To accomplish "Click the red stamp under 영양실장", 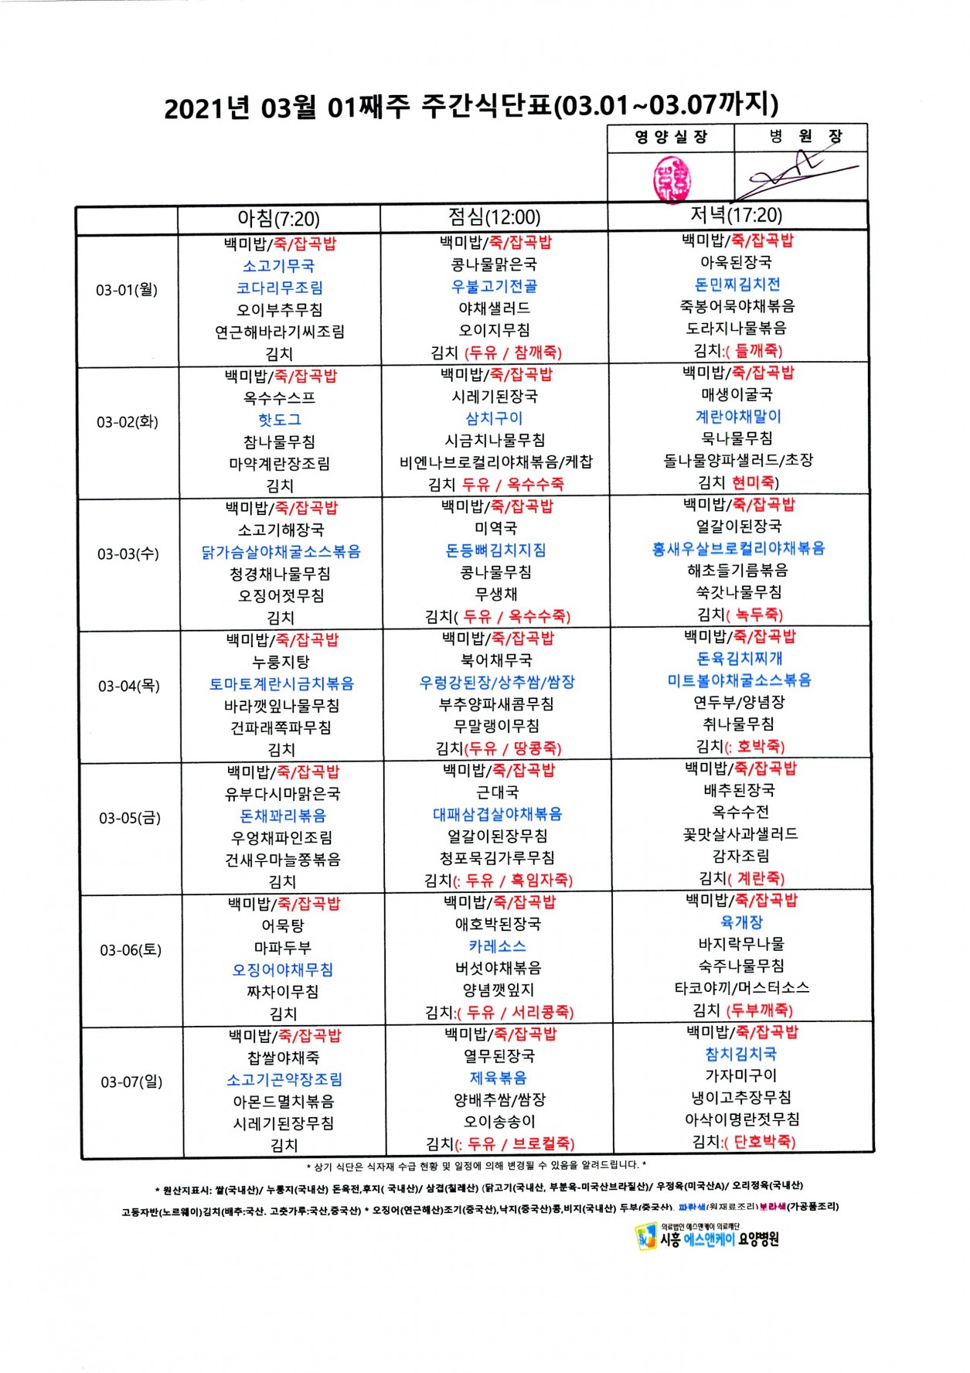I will click(670, 178).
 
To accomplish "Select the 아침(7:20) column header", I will click(278, 219).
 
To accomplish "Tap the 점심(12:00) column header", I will click(495, 217).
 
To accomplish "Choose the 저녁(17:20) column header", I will click(736, 215).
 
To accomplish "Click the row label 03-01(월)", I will click(127, 290).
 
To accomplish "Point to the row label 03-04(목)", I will click(129, 686).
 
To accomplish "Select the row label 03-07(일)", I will click(131, 1082).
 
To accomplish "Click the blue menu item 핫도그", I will click(280, 420).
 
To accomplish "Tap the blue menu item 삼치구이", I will click(494, 418).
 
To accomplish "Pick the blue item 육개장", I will click(741, 922).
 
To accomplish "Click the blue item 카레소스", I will click(497, 945).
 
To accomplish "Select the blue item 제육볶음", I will click(499, 1078).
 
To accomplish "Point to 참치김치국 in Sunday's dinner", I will click(741, 1054).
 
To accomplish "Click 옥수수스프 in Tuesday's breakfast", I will click(280, 398).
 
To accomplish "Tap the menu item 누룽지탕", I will click(281, 662).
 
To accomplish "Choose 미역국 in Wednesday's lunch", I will click(496, 528).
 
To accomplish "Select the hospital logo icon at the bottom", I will click(645, 1236).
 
